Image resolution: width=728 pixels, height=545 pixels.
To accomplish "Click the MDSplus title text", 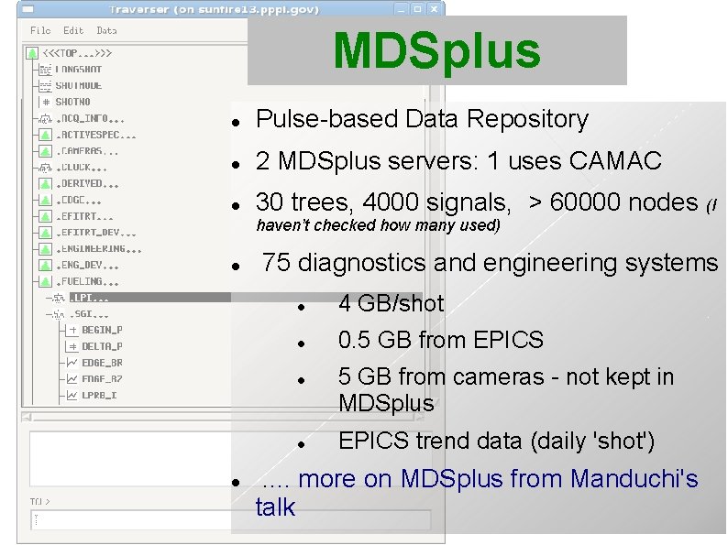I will point(436,51).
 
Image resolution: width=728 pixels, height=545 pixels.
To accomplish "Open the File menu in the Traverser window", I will point(40,30).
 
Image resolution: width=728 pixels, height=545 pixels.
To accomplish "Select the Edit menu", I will point(73,30).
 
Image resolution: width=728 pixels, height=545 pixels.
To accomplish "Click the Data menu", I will point(106,30).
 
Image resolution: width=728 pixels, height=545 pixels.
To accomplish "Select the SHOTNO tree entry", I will point(73,102).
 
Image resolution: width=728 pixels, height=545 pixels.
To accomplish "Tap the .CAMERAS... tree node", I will point(88,151).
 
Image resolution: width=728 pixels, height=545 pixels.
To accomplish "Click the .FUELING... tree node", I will point(88,281).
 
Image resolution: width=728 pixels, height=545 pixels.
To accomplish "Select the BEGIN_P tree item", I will point(102,330).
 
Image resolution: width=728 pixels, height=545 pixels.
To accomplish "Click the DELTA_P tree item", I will point(102,346).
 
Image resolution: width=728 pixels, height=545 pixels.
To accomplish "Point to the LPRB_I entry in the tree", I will point(99,396).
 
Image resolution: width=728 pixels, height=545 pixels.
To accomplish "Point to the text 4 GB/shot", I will point(391,303).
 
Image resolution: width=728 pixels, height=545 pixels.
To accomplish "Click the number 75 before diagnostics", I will point(276,263).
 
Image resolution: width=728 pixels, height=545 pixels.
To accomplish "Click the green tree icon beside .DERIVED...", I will point(45,183).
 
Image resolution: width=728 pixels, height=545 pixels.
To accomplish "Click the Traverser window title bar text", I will point(213,9).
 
